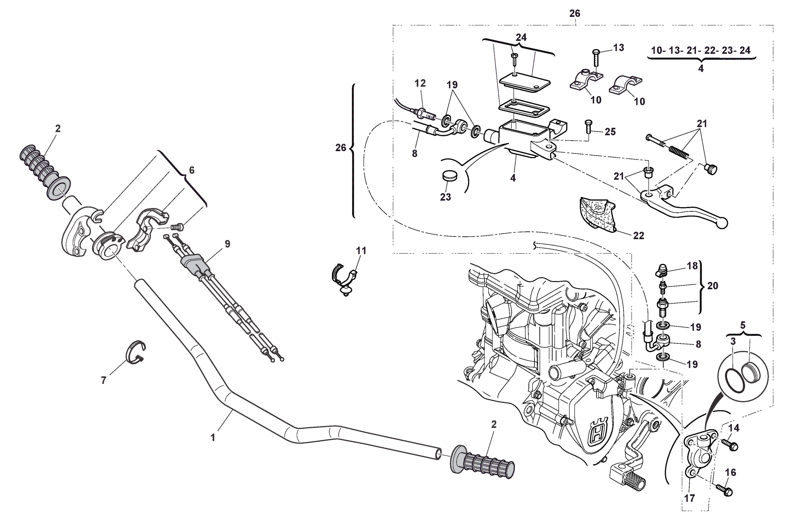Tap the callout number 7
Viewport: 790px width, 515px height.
[x=104, y=381]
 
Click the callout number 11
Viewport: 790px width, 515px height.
[x=361, y=251]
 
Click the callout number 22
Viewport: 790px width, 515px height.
[x=638, y=236]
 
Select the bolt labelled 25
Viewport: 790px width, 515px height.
[x=588, y=127]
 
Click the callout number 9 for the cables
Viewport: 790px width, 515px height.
[x=227, y=244]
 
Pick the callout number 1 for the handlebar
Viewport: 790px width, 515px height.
[x=213, y=438]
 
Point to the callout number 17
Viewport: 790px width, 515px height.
[x=689, y=498]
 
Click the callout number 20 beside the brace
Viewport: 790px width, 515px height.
[x=713, y=286]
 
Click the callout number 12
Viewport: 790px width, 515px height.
[x=420, y=83]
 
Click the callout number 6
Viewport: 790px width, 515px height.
[x=191, y=170]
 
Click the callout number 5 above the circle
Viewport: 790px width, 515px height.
[x=743, y=325]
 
